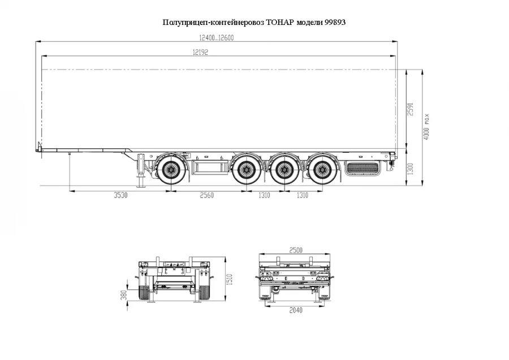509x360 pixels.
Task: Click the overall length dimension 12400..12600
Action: (216, 38)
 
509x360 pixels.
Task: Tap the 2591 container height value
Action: (411, 109)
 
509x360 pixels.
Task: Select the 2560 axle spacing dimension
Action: (207, 196)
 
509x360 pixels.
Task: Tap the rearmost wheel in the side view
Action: (322, 168)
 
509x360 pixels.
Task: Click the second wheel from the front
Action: (247, 168)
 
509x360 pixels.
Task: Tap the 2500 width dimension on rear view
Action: (295, 250)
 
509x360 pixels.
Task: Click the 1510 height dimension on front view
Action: (230, 278)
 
